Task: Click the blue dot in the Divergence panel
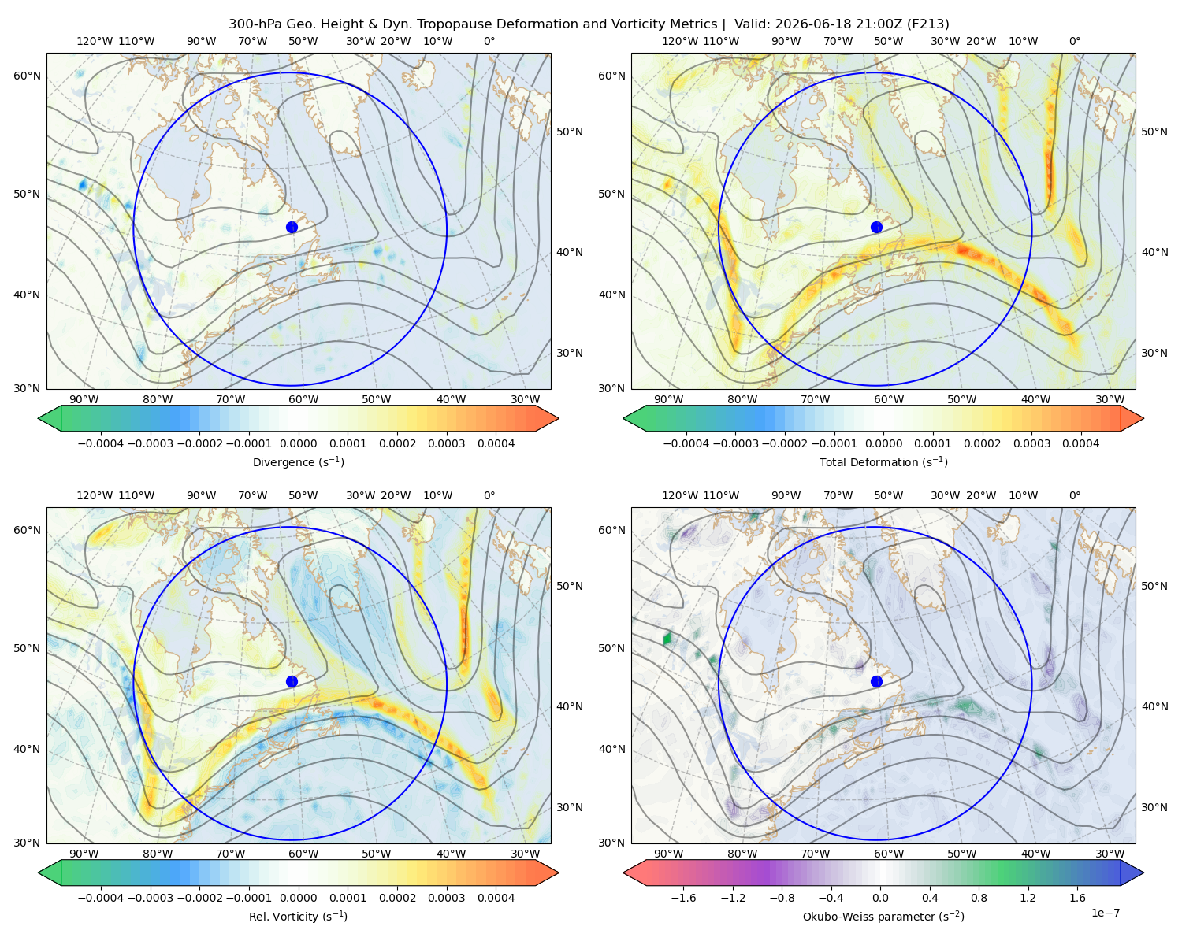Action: click(x=292, y=228)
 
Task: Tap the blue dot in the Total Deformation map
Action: click(x=876, y=228)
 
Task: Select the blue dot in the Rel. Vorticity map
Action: click(x=292, y=681)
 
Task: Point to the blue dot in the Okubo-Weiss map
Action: click(x=876, y=681)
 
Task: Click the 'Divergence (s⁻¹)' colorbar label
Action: click(x=298, y=461)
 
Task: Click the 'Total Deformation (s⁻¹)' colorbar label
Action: click(x=883, y=461)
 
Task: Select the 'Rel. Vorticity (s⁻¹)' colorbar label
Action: click(x=298, y=917)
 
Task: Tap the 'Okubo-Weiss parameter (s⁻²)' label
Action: click(x=883, y=917)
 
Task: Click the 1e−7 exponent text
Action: click(x=1105, y=913)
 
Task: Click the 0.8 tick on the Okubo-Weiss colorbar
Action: click(x=979, y=898)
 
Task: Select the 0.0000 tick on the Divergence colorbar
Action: click(x=298, y=443)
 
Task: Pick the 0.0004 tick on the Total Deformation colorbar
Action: click(x=1081, y=443)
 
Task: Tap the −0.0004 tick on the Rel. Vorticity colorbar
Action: click(x=101, y=898)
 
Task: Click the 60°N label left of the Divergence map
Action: click(x=27, y=76)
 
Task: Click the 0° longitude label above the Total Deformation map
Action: click(x=1074, y=41)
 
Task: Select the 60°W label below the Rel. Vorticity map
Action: click(x=303, y=854)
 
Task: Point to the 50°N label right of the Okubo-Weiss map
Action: click(x=1154, y=586)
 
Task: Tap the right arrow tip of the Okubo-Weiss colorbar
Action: click(x=1143, y=873)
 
